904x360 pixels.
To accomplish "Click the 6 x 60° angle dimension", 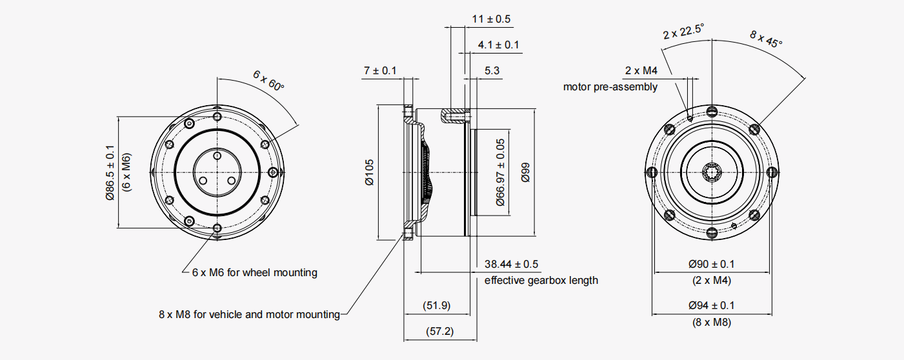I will tap(268, 81).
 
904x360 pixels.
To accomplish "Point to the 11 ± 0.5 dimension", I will tap(491, 19).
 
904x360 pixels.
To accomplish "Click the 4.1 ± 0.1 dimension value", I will tap(498, 45).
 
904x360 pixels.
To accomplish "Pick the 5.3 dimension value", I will tap(492, 70).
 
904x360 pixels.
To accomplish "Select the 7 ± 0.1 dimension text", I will tap(380, 70).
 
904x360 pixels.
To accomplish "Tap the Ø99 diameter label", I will tap(525, 172).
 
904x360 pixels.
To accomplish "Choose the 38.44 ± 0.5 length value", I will tap(512, 264).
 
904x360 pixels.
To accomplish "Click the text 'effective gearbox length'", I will tap(541, 280).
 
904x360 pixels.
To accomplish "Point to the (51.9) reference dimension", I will tap(436, 305).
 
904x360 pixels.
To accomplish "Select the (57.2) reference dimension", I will tap(439, 332).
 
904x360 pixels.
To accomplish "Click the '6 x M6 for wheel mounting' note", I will tap(254, 272).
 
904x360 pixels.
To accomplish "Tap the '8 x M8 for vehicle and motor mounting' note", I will tap(249, 315).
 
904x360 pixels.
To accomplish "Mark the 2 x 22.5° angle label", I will tap(683, 30).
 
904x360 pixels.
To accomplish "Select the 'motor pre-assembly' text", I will tap(610, 86).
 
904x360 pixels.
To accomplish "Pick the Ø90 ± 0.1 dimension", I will tap(711, 264).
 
